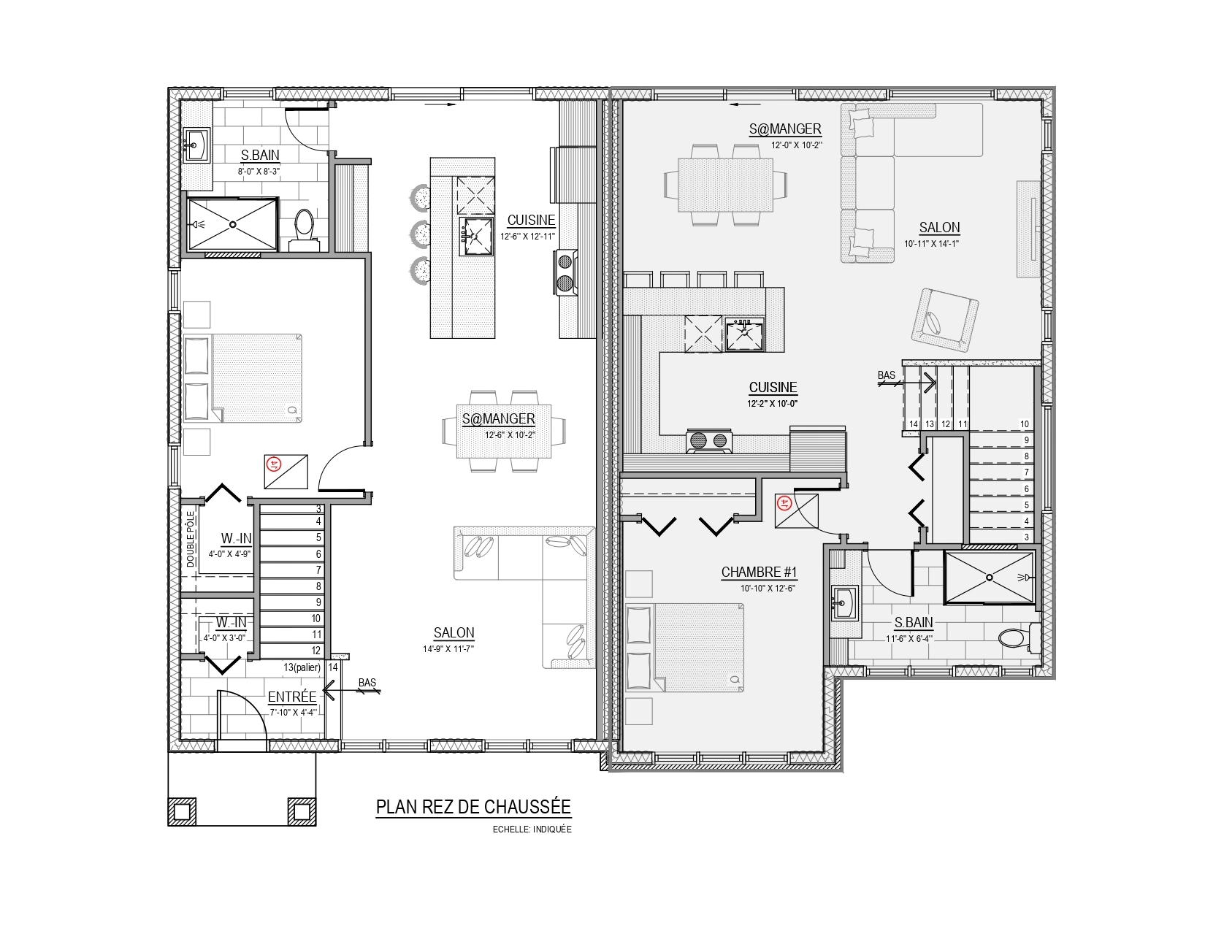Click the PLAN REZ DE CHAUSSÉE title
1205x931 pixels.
click(473, 807)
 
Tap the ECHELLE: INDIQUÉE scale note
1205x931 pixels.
click(532, 830)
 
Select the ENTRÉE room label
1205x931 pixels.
click(292, 697)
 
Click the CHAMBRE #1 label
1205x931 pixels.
click(759, 572)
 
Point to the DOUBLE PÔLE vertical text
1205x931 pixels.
click(191, 539)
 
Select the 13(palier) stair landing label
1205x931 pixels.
click(302, 667)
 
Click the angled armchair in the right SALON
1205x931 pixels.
click(945, 320)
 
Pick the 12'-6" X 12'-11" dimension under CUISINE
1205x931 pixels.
click(527, 236)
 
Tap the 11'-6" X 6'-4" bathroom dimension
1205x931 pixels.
click(909, 638)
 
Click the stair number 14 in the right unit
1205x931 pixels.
click(914, 424)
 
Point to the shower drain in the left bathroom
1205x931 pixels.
click(233, 225)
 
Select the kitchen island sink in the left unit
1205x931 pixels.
click(475, 236)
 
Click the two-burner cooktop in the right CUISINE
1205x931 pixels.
click(709, 441)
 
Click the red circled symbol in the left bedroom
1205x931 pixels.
click(273, 464)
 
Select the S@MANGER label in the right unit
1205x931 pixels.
click(784, 129)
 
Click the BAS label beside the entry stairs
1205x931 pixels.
click(367, 683)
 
